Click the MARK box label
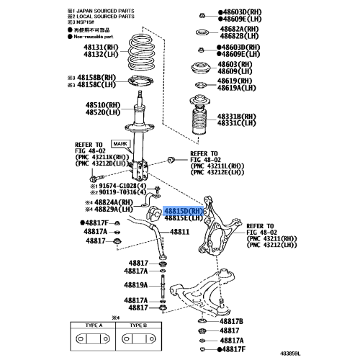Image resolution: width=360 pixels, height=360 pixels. tap(119, 145)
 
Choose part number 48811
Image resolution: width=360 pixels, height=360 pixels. tap(179, 232)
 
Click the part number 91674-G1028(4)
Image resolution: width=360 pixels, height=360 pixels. tap(123, 185)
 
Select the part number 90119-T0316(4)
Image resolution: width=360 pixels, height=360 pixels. tap(123, 192)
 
